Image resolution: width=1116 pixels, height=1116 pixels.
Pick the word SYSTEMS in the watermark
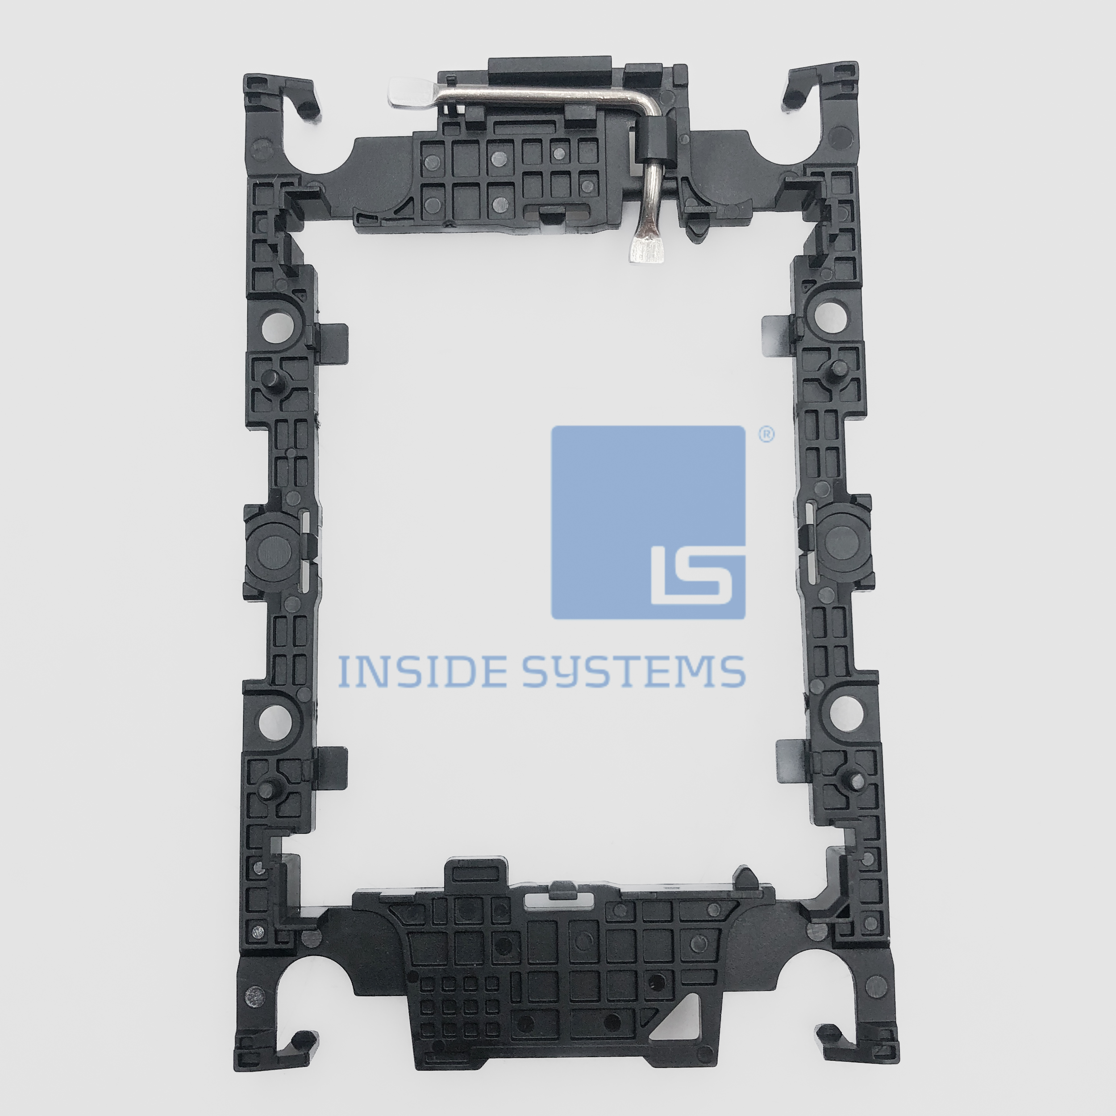(x=634, y=671)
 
